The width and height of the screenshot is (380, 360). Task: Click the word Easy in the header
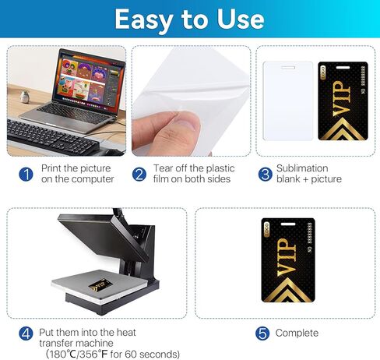coord(144,19)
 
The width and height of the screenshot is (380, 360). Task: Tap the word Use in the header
coord(241,19)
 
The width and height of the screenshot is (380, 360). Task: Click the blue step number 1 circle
coord(26,174)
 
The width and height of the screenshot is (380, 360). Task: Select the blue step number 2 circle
coord(139,174)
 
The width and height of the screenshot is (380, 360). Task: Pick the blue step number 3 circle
coord(265,174)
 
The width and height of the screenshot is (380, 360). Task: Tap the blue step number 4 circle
coord(26,334)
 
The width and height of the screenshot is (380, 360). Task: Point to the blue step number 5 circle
coord(262,334)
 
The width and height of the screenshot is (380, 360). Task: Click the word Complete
coord(297,333)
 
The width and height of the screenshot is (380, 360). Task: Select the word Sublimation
coord(302,168)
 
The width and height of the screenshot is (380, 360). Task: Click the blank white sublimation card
coord(288,101)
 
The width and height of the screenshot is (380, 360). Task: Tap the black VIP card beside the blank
coord(343,101)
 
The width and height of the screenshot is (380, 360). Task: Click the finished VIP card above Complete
coord(288,260)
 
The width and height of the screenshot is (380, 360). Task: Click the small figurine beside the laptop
coord(25,97)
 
